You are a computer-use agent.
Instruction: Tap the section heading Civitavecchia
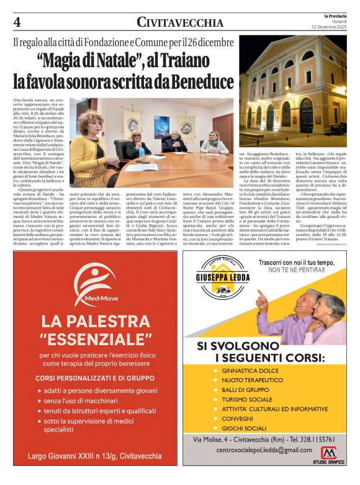pos(179,23)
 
